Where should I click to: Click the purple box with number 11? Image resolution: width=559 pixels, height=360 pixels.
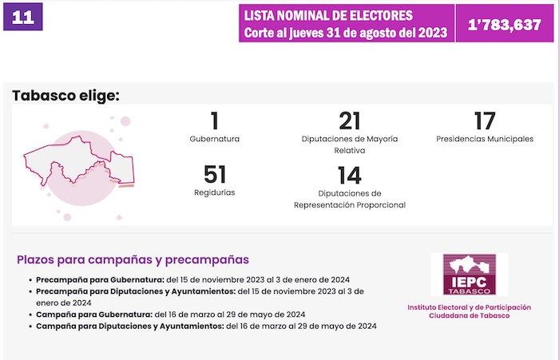click(x=23, y=18)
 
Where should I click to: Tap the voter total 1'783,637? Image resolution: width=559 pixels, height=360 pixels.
click(x=505, y=24)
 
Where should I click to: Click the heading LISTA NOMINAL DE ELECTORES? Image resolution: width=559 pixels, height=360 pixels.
click(x=329, y=15)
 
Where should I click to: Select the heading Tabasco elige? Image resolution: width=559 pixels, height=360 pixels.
click(x=65, y=97)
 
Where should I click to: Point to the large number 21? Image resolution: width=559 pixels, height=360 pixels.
click(x=350, y=122)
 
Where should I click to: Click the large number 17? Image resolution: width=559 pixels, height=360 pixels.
click(x=484, y=122)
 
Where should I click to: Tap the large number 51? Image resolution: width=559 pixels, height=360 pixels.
click(x=215, y=175)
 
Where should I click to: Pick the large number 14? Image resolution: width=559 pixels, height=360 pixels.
click(x=350, y=175)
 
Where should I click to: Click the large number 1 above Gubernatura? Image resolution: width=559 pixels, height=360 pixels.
click(x=214, y=122)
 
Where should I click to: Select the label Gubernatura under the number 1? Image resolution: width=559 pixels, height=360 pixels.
click(x=214, y=139)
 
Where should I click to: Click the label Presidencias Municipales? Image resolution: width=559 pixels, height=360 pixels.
click(x=485, y=139)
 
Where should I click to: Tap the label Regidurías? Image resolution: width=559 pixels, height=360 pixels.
click(x=214, y=192)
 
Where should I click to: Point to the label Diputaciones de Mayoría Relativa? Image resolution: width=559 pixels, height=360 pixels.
click(x=350, y=144)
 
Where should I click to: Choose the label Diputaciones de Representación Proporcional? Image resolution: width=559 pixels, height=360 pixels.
click(x=350, y=199)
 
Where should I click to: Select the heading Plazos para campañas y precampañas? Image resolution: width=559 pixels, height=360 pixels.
click(x=133, y=259)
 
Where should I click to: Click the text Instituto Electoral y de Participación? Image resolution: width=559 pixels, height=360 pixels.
click(x=469, y=307)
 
